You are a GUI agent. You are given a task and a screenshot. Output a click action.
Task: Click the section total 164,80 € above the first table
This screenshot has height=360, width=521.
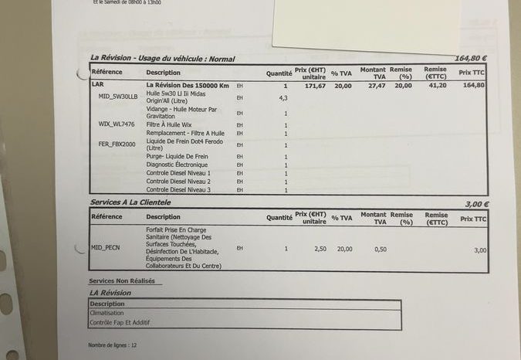[x=471, y=58]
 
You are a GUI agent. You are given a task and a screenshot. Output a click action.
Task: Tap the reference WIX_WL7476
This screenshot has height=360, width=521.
[x=117, y=124]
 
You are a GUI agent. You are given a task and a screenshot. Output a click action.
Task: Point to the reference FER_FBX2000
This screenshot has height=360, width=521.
[x=117, y=144]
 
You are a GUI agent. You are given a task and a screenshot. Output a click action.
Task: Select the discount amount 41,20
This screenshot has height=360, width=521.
[x=438, y=86]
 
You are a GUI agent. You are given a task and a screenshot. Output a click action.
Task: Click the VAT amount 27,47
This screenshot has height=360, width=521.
[x=377, y=86]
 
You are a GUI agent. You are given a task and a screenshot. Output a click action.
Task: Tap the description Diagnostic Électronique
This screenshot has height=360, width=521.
[x=177, y=165]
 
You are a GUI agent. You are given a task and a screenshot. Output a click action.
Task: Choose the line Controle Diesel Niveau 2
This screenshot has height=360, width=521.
[x=178, y=182]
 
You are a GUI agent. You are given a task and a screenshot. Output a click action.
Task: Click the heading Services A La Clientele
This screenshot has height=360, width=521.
[x=130, y=202]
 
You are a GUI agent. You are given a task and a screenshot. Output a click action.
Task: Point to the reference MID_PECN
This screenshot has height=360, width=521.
[x=106, y=248]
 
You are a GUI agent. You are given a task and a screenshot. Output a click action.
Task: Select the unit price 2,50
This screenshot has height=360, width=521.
[x=321, y=249]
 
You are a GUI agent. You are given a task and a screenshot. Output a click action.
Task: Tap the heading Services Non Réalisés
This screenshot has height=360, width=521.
[x=122, y=281]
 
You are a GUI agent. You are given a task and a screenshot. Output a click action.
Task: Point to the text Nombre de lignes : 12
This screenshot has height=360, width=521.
[x=113, y=345]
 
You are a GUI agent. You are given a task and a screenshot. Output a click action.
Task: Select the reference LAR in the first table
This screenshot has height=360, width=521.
[x=96, y=85]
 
